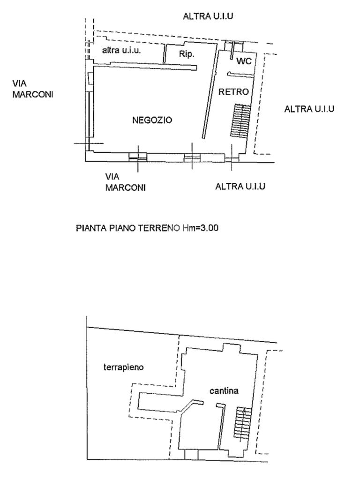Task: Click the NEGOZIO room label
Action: point(152,120)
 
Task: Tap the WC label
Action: point(244,61)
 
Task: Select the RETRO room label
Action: point(233,91)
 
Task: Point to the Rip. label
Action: point(187,54)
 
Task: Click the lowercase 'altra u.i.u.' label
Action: point(121,50)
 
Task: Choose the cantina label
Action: point(224,390)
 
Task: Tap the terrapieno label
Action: point(124,367)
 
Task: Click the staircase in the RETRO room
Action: point(240,120)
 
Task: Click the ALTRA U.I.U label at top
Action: point(208,16)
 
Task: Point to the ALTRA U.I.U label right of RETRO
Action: point(309,109)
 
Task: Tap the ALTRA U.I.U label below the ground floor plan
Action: point(240,187)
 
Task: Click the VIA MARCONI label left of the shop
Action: point(33,89)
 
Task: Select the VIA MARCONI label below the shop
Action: point(125,182)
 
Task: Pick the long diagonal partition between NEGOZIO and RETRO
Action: point(212,94)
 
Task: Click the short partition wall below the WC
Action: point(240,75)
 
